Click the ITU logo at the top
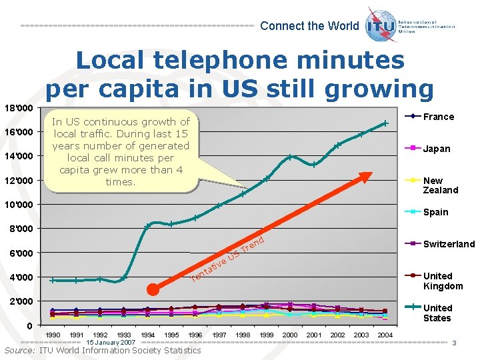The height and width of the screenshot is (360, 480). [x=381, y=25]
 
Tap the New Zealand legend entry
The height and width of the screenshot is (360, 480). [x=440, y=185]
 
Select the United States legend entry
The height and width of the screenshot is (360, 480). [x=437, y=313]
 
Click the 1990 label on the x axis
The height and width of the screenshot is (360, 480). [x=53, y=335]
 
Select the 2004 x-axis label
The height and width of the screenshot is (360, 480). [x=385, y=335]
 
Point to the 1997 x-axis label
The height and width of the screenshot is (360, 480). [x=219, y=335]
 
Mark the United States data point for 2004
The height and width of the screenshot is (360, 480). [x=385, y=123]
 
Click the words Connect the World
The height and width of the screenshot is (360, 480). [x=309, y=26]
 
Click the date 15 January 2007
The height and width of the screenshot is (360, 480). [x=111, y=342]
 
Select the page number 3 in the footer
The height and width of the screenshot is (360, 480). [x=453, y=343]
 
